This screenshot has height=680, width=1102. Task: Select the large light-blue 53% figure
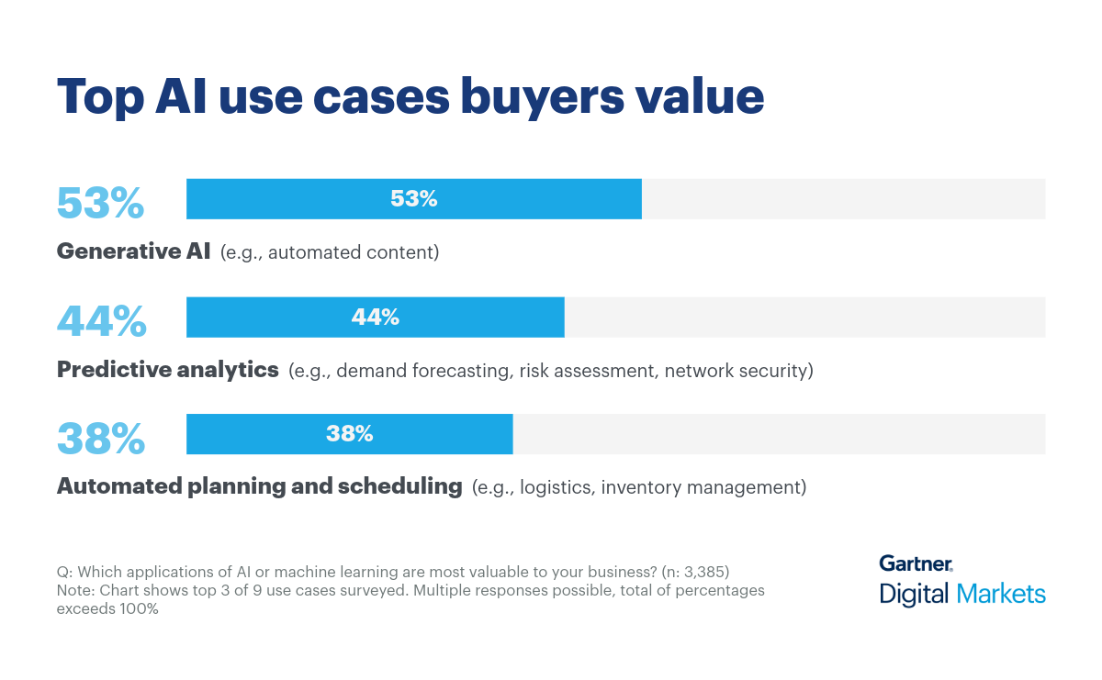[x=100, y=203]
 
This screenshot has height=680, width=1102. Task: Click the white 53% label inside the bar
[x=413, y=199]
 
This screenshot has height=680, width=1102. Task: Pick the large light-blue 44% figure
[x=101, y=320]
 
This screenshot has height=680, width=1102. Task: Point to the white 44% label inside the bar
[x=375, y=317]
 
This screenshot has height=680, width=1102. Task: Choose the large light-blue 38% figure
[x=101, y=438]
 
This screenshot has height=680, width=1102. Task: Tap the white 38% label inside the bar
[x=349, y=434]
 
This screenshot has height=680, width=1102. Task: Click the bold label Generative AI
[x=133, y=251]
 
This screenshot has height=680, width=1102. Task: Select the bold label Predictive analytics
[x=167, y=370]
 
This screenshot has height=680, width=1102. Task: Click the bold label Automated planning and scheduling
[x=259, y=486]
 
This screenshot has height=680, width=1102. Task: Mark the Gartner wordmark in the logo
[x=915, y=563]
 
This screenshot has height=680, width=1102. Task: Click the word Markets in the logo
[x=1001, y=594]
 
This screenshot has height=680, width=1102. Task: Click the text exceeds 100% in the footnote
[x=107, y=608]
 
